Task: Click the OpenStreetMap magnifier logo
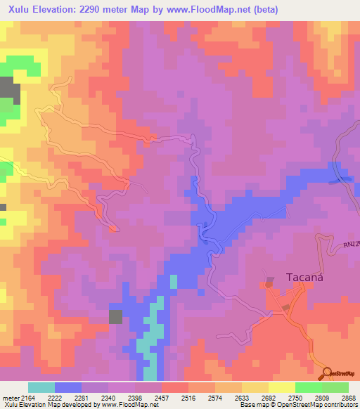click(327, 372)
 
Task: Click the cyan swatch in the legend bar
click(41, 387)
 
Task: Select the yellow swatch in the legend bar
click(281, 387)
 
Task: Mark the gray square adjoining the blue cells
click(116, 316)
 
